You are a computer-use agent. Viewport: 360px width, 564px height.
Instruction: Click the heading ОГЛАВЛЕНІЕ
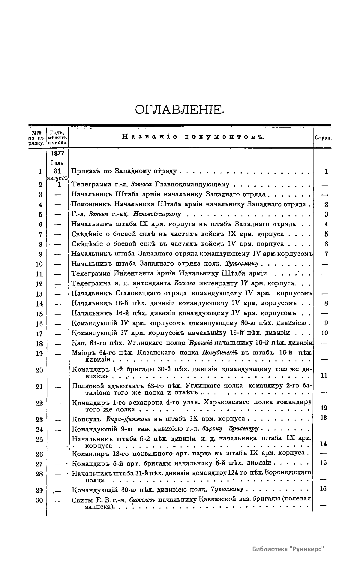coord(179,110)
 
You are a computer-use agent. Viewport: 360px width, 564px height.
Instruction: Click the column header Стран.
coord(323,138)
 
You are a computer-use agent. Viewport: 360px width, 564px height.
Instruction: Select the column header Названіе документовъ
coord(193,137)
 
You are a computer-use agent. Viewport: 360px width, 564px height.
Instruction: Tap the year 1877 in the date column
coord(57,153)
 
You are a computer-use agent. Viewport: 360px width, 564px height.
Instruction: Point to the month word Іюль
coord(57,163)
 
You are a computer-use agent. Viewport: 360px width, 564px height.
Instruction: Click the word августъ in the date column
coord(57,178)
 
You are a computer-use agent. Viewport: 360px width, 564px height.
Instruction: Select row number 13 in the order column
coord(39,294)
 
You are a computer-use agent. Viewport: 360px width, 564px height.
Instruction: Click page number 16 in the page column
coord(323,489)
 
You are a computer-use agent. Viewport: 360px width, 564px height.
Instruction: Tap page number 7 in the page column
coord(326,254)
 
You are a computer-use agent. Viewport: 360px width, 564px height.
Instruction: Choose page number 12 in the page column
coord(324,408)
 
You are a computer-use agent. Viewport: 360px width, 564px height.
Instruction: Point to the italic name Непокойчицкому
coord(157,214)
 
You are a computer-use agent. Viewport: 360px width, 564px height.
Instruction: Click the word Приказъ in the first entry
coord(85,171)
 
